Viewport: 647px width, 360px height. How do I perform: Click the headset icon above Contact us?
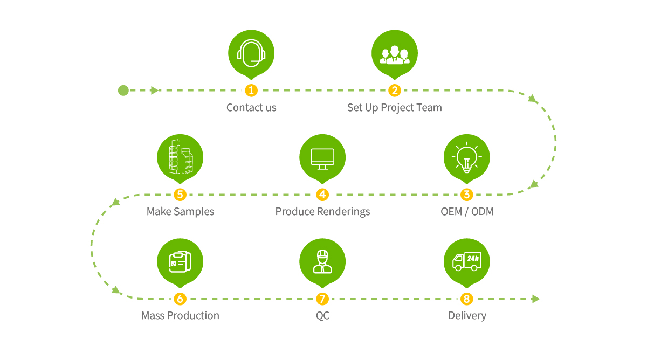click(251, 53)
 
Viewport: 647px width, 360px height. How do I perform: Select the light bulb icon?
click(467, 157)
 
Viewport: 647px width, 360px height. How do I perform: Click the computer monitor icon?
click(322, 159)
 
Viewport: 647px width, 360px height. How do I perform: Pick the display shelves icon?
click(181, 157)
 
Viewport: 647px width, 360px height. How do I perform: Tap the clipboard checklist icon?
click(180, 261)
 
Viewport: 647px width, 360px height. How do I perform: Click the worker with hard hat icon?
click(322, 261)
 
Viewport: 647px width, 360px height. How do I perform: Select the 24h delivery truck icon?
click(467, 261)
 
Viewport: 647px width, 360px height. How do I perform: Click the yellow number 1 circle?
click(251, 91)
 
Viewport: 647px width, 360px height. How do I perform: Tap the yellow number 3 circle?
click(467, 195)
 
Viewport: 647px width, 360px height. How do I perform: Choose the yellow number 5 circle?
click(180, 195)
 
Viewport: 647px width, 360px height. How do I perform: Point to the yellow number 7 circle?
click(322, 299)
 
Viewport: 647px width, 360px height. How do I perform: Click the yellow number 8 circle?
click(467, 299)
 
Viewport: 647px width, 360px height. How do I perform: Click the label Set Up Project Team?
click(395, 108)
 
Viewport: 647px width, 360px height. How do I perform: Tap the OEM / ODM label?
click(467, 212)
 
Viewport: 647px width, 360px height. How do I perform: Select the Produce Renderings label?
click(322, 212)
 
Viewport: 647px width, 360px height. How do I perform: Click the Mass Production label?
click(180, 316)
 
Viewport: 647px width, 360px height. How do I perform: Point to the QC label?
click(322, 316)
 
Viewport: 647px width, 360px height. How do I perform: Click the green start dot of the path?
click(123, 91)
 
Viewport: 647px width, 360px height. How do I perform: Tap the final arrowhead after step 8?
click(536, 299)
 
